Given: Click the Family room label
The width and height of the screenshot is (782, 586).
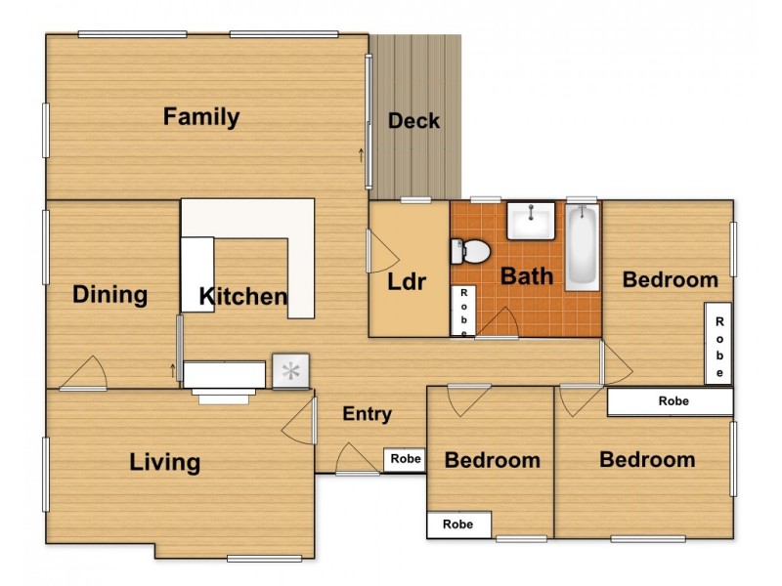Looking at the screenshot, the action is pos(201,117).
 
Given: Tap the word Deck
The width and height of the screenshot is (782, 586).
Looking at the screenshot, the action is pos(413,121).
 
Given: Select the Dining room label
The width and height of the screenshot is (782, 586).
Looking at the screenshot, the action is pos(109,295).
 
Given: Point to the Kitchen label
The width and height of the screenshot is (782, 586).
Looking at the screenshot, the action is pos(243,297).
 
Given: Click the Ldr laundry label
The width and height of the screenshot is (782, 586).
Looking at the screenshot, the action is pos(407,282).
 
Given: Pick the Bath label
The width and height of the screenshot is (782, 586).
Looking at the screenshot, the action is pos(527,276).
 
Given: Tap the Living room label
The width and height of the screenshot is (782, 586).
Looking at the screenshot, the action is pos(165,462).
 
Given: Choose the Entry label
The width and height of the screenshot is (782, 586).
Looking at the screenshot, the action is pos(368,413).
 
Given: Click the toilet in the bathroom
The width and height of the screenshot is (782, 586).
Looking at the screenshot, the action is pos(470,252).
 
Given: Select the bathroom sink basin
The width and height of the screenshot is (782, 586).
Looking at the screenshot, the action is pos(531,221).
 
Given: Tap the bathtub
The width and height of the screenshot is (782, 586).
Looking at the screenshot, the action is pos(582,247).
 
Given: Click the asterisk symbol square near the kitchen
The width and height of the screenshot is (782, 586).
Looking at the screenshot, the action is pos(290,371).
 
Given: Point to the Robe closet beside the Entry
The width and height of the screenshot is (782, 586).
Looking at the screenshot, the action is pos(405,459).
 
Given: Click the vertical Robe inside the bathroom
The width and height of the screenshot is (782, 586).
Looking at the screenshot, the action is pos(463,312).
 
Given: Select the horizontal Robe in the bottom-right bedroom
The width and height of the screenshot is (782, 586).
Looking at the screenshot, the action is pos(671,401).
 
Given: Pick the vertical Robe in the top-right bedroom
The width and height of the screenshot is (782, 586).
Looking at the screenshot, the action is pos(718,344).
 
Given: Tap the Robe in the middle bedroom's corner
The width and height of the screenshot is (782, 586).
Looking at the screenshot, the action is pos(458,524).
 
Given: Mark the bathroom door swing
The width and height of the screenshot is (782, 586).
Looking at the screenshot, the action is pos(499,323).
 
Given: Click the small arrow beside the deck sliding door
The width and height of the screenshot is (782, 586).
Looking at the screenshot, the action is pos(361,155).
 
